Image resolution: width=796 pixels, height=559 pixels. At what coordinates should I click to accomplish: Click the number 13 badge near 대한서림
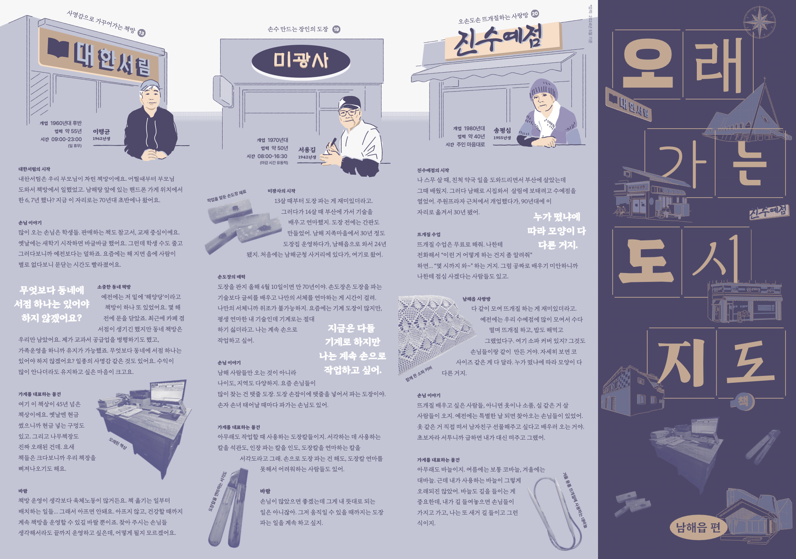[x=142, y=33]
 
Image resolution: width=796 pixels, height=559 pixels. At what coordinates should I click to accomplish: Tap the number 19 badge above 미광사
[x=336, y=29]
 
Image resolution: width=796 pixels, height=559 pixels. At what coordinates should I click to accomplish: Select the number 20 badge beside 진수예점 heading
[x=535, y=14]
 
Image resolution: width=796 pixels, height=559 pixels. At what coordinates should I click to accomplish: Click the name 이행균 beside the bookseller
[x=101, y=131]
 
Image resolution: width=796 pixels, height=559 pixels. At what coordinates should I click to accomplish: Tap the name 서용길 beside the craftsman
[x=307, y=150]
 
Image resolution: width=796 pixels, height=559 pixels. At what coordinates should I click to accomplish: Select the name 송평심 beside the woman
[x=502, y=130]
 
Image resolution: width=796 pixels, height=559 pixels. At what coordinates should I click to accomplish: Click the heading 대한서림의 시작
[x=34, y=169]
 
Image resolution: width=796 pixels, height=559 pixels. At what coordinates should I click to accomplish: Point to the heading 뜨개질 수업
[x=429, y=234]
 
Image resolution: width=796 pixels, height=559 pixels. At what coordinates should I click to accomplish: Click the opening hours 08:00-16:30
[x=273, y=156]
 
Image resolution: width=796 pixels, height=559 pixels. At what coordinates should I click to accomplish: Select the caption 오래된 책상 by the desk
[x=118, y=444]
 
